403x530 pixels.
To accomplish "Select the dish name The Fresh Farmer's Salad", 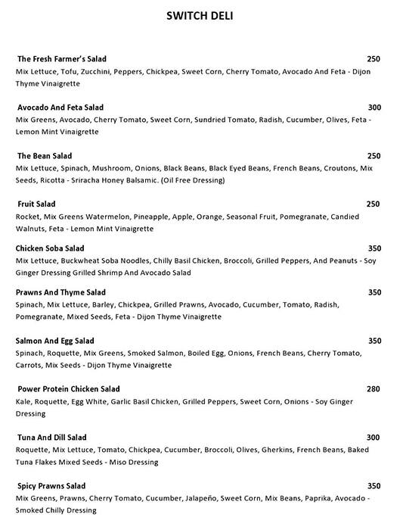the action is point(62,59).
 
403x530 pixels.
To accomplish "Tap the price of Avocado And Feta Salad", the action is point(374,108).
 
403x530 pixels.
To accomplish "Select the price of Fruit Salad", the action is point(374,204).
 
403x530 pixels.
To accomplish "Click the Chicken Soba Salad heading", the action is point(50,248).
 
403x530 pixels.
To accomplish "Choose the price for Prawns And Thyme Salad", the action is point(374,292).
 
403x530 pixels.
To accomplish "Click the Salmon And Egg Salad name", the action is point(54,341).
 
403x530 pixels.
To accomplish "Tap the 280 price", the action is point(374,389).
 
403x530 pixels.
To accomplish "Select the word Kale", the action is point(24,401).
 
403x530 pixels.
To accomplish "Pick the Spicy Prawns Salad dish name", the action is point(51,486).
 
